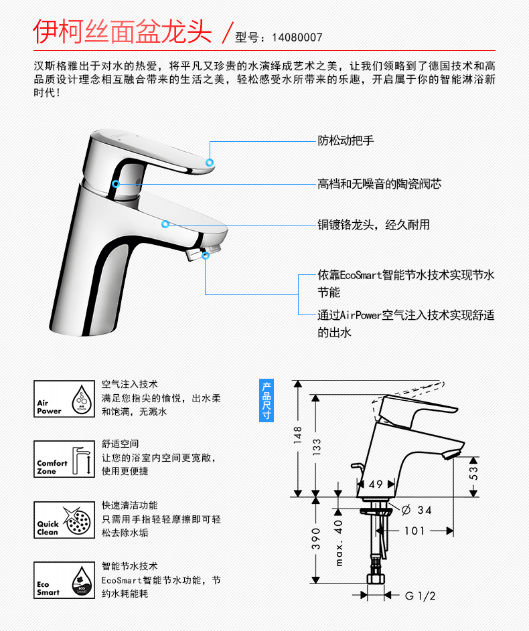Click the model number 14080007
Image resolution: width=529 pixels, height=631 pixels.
tap(297, 37)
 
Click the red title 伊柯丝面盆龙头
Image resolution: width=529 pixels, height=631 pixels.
tap(123, 31)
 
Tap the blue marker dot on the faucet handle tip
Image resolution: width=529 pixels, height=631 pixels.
tap(210, 163)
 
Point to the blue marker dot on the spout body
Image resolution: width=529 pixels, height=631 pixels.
tap(165, 225)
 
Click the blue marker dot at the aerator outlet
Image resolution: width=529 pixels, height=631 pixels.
tap(206, 255)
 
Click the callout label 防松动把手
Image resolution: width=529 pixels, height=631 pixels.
tap(345, 141)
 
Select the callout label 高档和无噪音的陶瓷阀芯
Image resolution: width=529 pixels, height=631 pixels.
tap(379, 183)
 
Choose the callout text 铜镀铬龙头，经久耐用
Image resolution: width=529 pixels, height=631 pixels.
tap(373, 225)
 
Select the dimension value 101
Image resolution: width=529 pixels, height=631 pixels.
tap(414, 531)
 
